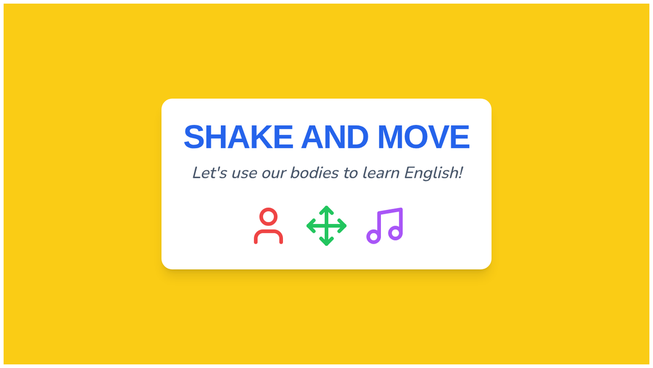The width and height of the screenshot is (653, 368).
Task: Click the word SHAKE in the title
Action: tap(238, 137)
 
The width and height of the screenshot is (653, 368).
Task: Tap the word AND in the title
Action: tap(335, 137)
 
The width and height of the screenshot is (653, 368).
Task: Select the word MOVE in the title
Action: tap(423, 137)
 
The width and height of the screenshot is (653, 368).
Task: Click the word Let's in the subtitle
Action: tap(210, 173)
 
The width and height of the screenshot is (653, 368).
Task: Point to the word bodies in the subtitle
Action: tap(315, 173)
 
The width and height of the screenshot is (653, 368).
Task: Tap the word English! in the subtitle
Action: tap(434, 173)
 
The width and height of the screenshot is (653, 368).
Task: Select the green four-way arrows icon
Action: tap(326, 226)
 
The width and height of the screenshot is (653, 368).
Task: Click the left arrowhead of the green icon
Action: tap(310, 226)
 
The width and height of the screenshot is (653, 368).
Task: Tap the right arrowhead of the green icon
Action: tap(343, 226)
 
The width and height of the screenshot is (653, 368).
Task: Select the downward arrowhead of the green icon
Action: tap(326, 243)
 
